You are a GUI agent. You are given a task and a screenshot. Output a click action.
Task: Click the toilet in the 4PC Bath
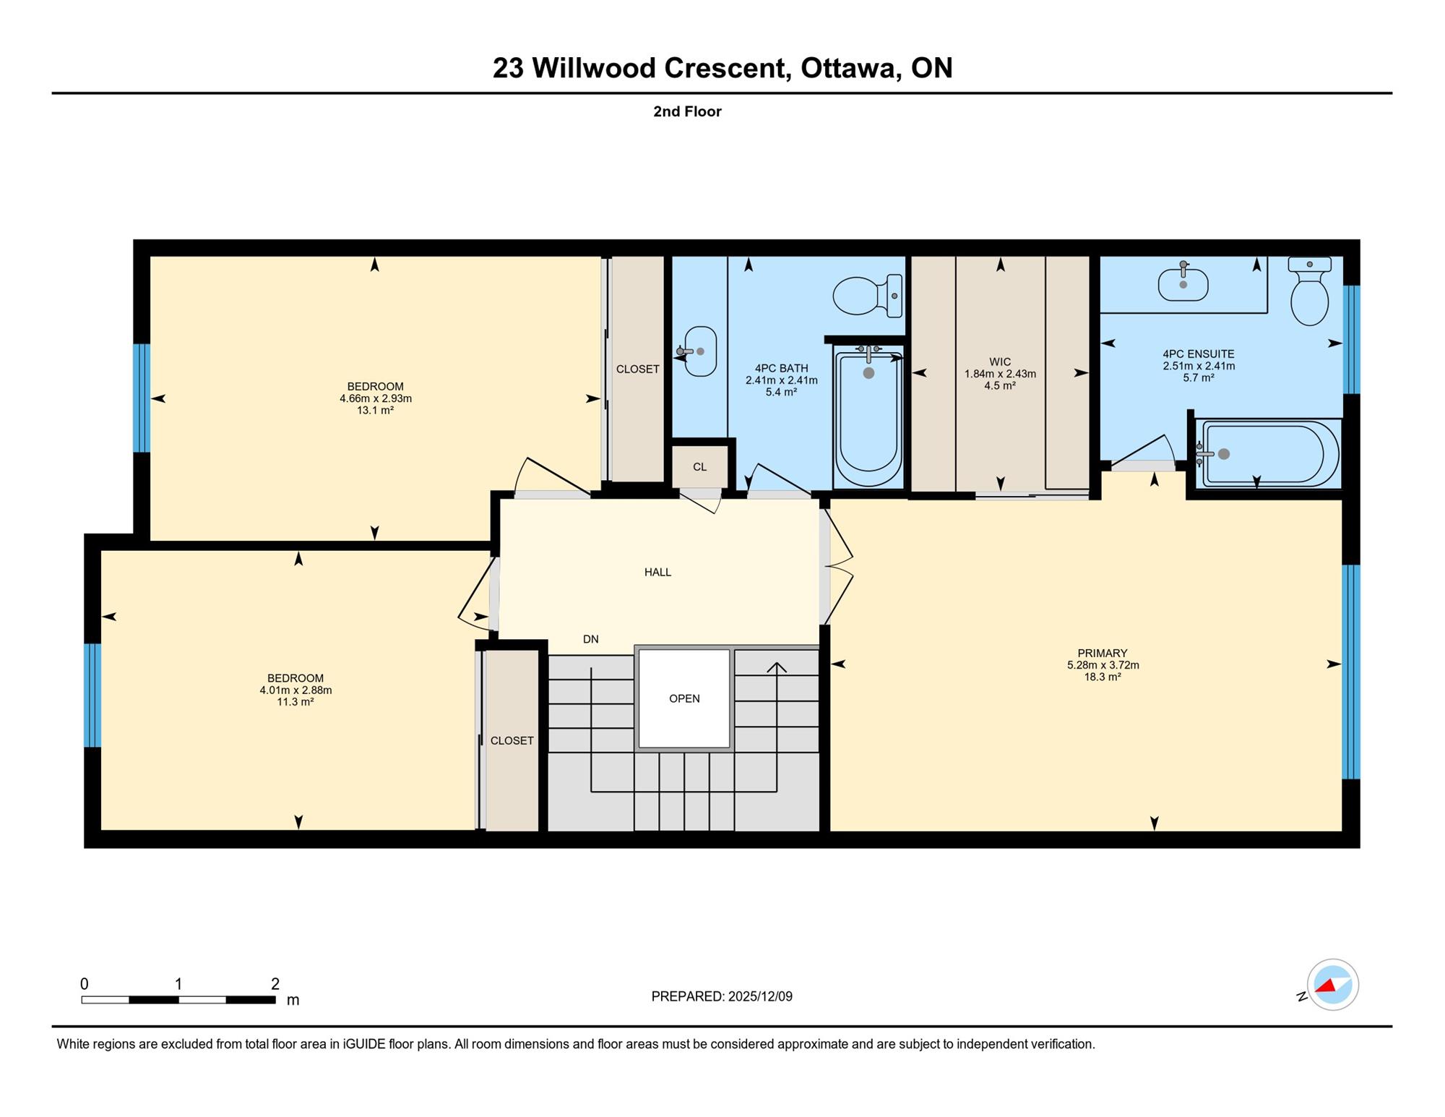(867, 296)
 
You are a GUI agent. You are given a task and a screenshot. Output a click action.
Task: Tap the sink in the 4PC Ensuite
(1183, 283)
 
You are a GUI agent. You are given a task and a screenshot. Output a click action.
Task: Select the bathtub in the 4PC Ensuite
(1267, 454)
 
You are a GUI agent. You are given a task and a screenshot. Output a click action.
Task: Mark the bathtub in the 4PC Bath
(868, 417)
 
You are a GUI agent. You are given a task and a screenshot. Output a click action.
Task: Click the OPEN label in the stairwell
(684, 698)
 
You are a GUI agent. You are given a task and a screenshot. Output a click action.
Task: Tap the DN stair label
(591, 639)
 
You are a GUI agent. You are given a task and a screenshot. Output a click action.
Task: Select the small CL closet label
(699, 467)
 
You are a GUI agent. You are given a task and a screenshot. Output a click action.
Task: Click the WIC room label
(1000, 361)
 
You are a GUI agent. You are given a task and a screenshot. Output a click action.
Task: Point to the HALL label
(657, 572)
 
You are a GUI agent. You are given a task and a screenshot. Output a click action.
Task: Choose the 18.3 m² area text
(1103, 677)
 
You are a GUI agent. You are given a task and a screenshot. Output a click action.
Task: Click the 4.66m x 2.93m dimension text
(376, 398)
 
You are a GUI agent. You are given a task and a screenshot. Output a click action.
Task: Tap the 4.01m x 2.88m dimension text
(296, 690)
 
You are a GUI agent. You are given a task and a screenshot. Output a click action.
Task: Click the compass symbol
(1332, 985)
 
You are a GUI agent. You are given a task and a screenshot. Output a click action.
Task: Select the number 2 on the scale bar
(275, 983)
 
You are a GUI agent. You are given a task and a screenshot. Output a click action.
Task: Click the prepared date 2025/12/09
(760, 996)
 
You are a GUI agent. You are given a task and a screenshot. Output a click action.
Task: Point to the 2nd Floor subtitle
(687, 111)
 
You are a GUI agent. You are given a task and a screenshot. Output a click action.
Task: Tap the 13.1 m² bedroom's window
(142, 398)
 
